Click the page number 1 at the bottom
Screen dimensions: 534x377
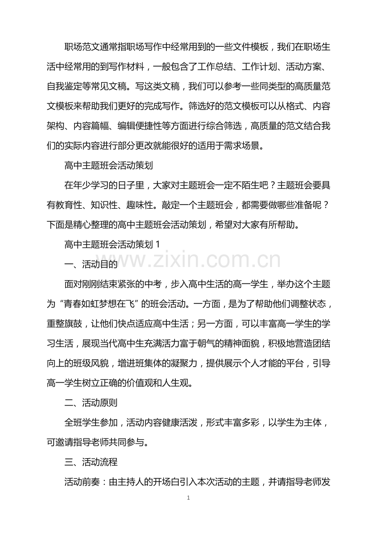pos(188,498)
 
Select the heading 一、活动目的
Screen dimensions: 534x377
pos(91,265)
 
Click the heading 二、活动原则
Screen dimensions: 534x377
pos(91,402)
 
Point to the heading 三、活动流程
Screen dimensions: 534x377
pos(91,462)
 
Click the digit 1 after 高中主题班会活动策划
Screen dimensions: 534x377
pos(158,244)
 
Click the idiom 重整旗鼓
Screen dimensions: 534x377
pos(64,324)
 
